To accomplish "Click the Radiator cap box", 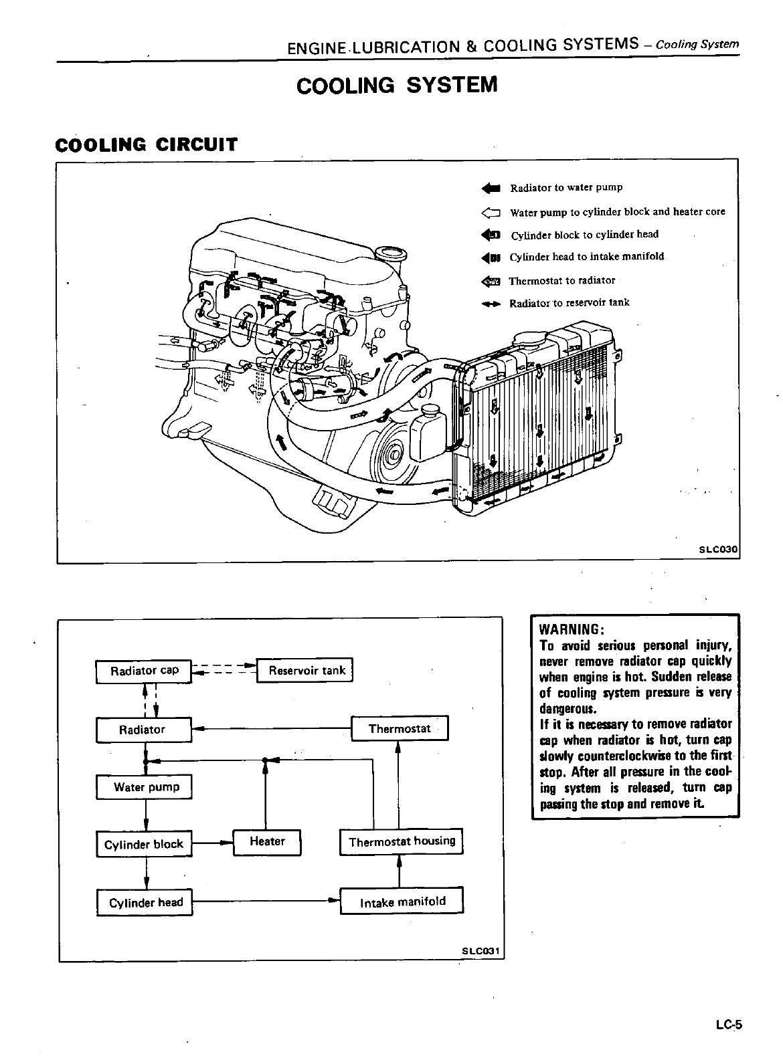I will click(x=144, y=671).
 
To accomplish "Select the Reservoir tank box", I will click(x=307, y=670).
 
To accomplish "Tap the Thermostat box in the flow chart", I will click(x=400, y=728).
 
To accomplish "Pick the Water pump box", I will click(x=145, y=787).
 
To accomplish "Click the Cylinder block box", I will click(x=144, y=844).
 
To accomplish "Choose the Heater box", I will click(x=267, y=842).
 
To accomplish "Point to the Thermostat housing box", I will click(x=402, y=841).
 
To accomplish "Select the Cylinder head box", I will click(x=145, y=903).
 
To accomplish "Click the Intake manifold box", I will click(x=402, y=902).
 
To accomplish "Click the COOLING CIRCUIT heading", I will click(x=146, y=144).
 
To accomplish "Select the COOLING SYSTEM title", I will click(x=397, y=85).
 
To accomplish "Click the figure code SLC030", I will click(x=717, y=550).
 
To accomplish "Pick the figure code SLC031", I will click(x=481, y=950).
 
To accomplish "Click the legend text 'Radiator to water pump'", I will click(x=566, y=188).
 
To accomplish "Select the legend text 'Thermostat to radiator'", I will click(x=561, y=281).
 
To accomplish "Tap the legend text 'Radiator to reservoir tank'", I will click(x=569, y=303).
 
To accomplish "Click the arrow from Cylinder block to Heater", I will click(x=212, y=844).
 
